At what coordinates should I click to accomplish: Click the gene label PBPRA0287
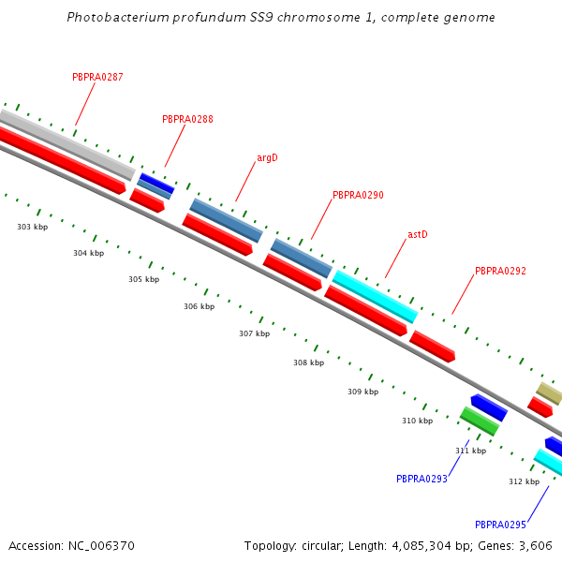[x=97, y=77]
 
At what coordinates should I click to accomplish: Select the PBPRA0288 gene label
[x=187, y=119]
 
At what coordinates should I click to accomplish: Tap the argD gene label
[x=267, y=158]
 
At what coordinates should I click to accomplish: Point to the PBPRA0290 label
[x=358, y=196]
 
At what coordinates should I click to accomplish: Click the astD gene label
[x=418, y=234]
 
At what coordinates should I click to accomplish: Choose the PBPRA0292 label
[x=500, y=271]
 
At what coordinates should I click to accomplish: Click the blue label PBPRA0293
[x=421, y=479]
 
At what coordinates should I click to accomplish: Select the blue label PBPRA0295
[x=500, y=525]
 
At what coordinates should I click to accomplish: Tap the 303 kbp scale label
[x=32, y=227]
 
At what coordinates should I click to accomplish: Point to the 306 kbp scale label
[x=199, y=306]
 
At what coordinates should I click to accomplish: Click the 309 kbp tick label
[x=362, y=392]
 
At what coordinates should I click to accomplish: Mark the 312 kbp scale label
[x=524, y=481]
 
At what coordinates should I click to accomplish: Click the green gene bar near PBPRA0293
[x=480, y=421]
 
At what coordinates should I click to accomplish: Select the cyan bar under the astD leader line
[x=376, y=297]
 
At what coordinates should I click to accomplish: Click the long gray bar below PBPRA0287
[x=67, y=145]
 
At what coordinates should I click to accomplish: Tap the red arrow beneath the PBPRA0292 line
[x=432, y=347]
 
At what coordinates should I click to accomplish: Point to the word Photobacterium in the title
[x=118, y=17]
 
